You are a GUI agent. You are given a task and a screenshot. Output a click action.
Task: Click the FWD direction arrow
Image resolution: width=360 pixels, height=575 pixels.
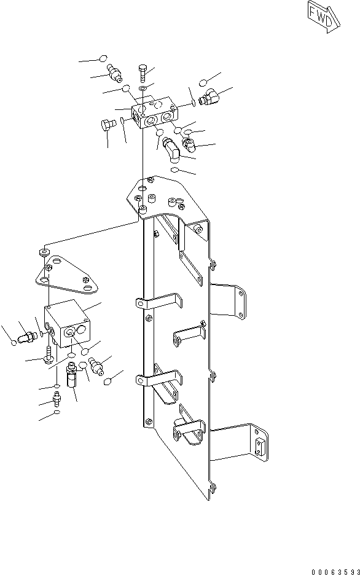(321, 19)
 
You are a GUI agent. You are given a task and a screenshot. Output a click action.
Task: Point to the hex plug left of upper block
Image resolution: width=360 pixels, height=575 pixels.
(106, 125)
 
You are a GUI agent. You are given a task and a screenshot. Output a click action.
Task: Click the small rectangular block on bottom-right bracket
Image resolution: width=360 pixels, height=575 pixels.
(260, 444)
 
